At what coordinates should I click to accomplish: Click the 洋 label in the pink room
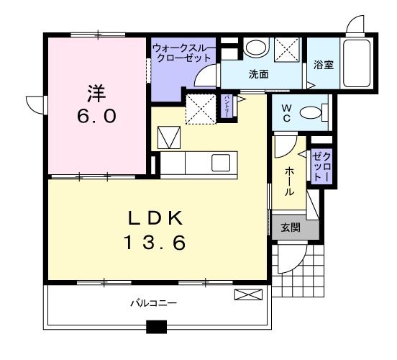(96, 94)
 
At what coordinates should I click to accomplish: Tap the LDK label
(155, 218)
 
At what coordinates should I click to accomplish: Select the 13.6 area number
(155, 243)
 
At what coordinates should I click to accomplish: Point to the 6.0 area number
(96, 117)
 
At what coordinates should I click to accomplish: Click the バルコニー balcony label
(154, 303)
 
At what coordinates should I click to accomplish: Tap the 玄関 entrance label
(291, 228)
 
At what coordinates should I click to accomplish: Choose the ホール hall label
(290, 181)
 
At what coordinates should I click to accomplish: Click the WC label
(286, 113)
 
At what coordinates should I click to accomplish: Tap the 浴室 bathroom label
(324, 65)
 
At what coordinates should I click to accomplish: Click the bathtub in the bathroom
(357, 63)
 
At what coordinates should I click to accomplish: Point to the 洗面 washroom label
(258, 74)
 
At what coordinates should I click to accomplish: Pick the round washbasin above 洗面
(256, 48)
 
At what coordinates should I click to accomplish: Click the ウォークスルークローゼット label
(184, 53)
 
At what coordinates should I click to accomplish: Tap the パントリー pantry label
(227, 107)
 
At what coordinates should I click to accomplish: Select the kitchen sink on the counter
(221, 163)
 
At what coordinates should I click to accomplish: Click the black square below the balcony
(157, 327)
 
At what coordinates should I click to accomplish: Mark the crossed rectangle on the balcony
(248, 295)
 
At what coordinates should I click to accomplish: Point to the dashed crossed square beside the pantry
(201, 109)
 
